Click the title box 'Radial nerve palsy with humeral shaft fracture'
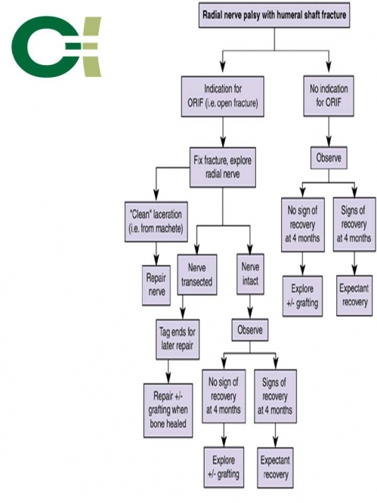274,15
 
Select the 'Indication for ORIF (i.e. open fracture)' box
223,96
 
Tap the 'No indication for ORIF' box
329,96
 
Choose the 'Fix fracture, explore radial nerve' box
223,167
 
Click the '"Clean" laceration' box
156,221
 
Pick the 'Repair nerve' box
156,285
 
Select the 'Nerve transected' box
197,275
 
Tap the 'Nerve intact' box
250,274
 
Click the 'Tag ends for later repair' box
178,339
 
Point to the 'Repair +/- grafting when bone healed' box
168,410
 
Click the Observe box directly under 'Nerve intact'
250,330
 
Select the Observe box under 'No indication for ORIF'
329,158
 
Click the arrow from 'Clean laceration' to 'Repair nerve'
156,254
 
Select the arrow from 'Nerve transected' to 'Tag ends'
183,307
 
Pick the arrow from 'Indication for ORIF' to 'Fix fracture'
223,132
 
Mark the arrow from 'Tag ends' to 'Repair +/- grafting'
168,372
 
